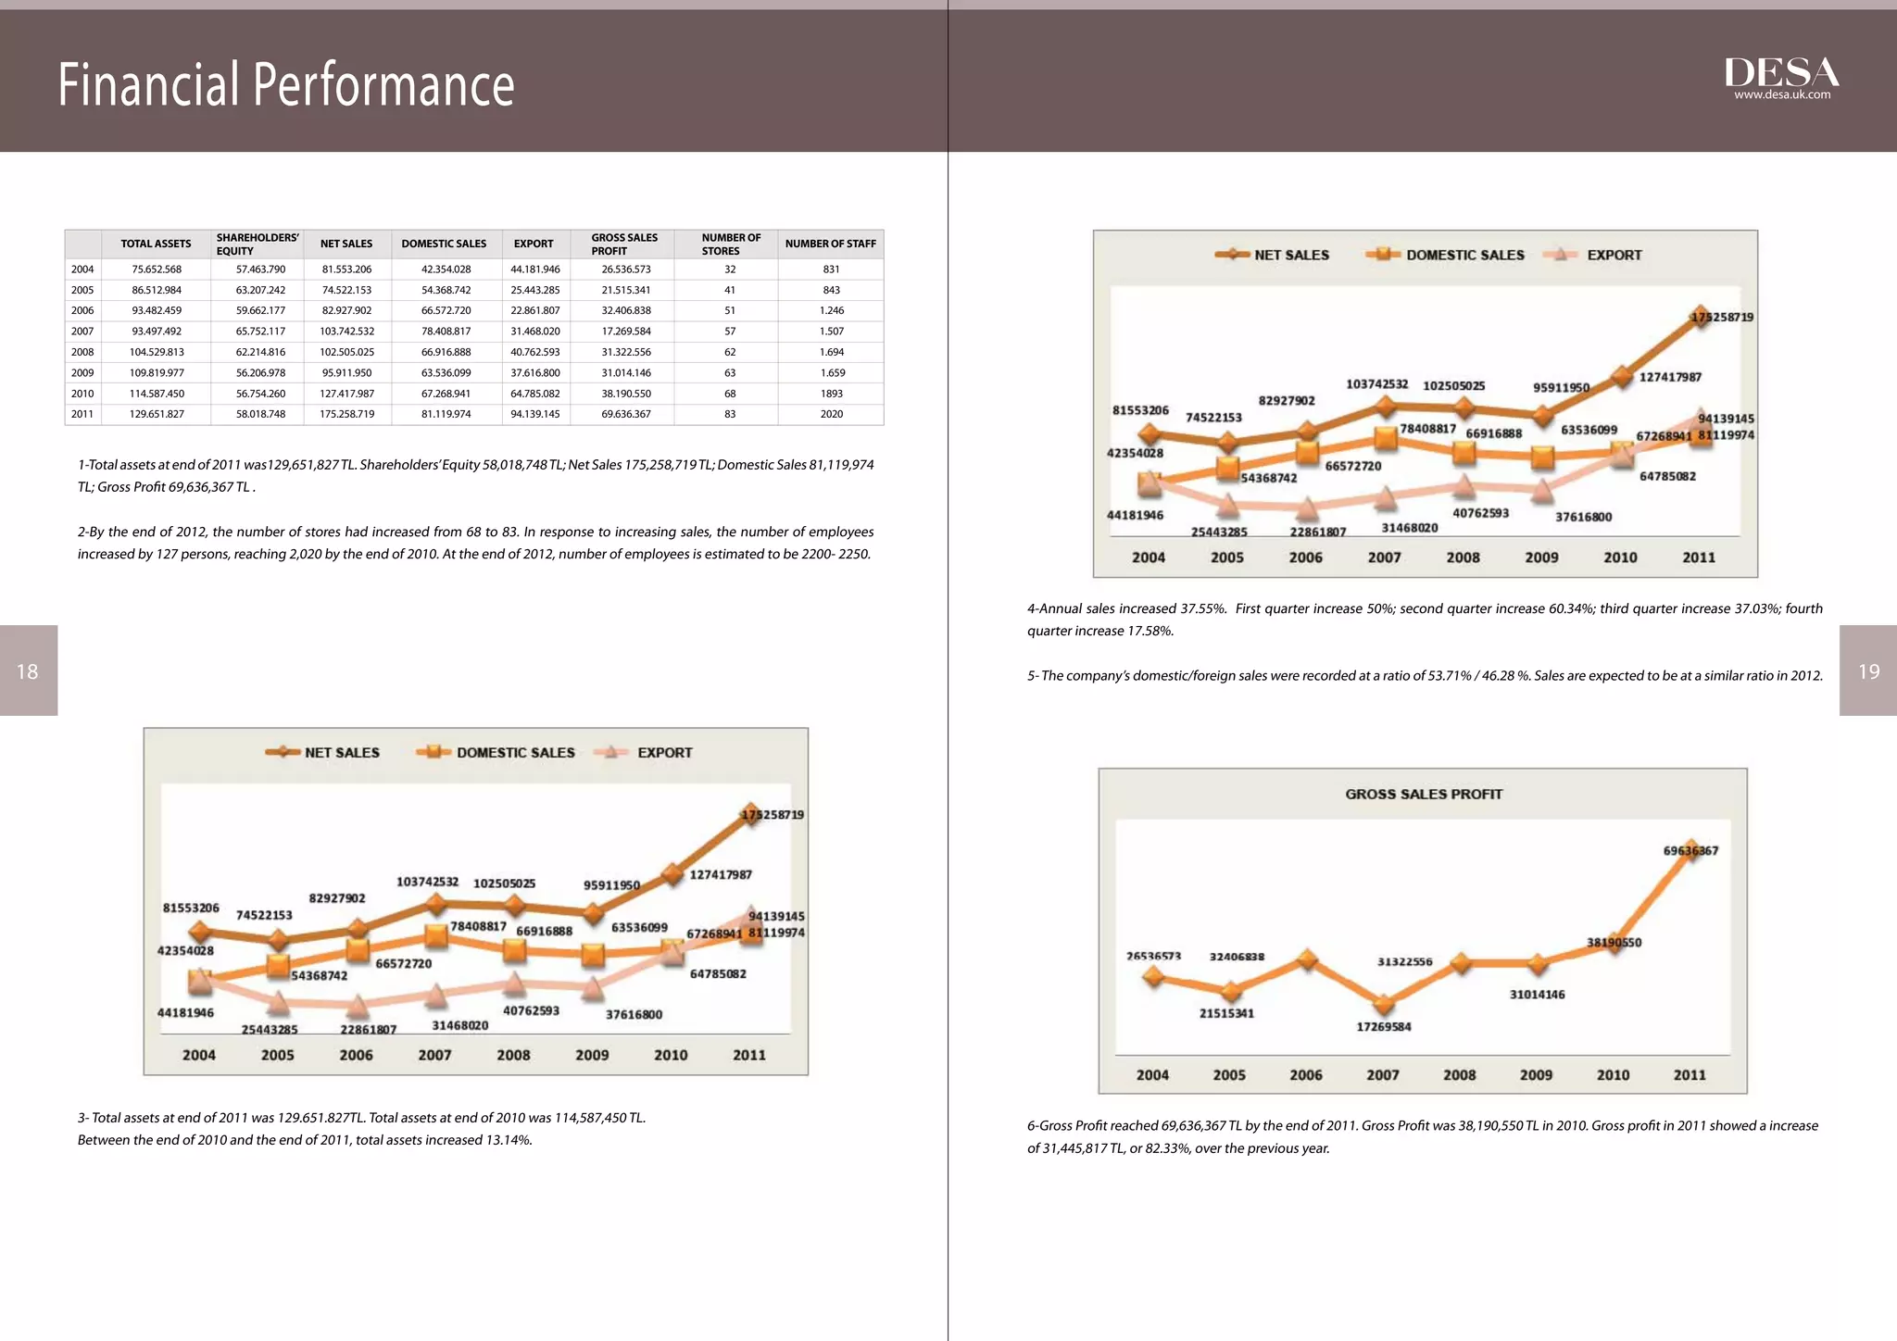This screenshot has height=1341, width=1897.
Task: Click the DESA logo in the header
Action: coord(1780,71)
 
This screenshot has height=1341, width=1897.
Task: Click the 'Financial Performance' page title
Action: coord(285,84)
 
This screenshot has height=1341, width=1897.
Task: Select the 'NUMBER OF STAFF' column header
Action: coord(830,244)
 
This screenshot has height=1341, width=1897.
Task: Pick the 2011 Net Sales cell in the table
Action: coord(347,414)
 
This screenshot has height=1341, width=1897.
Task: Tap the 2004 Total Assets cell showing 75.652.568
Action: coord(157,269)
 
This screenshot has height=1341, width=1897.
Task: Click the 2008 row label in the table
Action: coord(82,352)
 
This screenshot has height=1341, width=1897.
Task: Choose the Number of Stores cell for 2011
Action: coord(730,414)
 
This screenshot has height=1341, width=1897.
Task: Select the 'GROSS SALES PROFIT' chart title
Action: coord(1424,795)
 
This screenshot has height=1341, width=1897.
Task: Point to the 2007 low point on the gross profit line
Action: coord(1384,1005)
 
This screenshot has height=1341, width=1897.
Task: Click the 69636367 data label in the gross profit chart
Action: coord(1690,850)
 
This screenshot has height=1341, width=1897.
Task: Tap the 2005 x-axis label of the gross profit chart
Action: coord(1229,1075)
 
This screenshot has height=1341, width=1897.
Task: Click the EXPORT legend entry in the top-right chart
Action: coord(1614,255)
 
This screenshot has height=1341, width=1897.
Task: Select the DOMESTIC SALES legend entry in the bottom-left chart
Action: coord(515,753)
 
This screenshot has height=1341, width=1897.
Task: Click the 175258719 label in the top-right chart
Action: coord(1722,317)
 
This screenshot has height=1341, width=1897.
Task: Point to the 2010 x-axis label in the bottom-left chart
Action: coord(671,1055)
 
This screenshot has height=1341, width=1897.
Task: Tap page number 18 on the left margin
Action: coord(28,671)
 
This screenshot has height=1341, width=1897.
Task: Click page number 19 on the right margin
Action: coord(1868,671)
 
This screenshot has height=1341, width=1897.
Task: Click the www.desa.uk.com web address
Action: coord(1782,94)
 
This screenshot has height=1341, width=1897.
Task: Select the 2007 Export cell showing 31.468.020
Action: coord(535,332)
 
